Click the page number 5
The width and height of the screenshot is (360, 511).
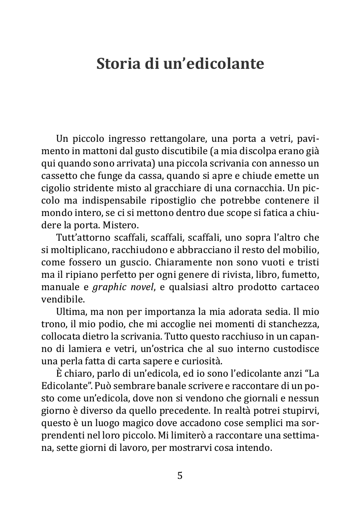pyautogui.click(x=180, y=476)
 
